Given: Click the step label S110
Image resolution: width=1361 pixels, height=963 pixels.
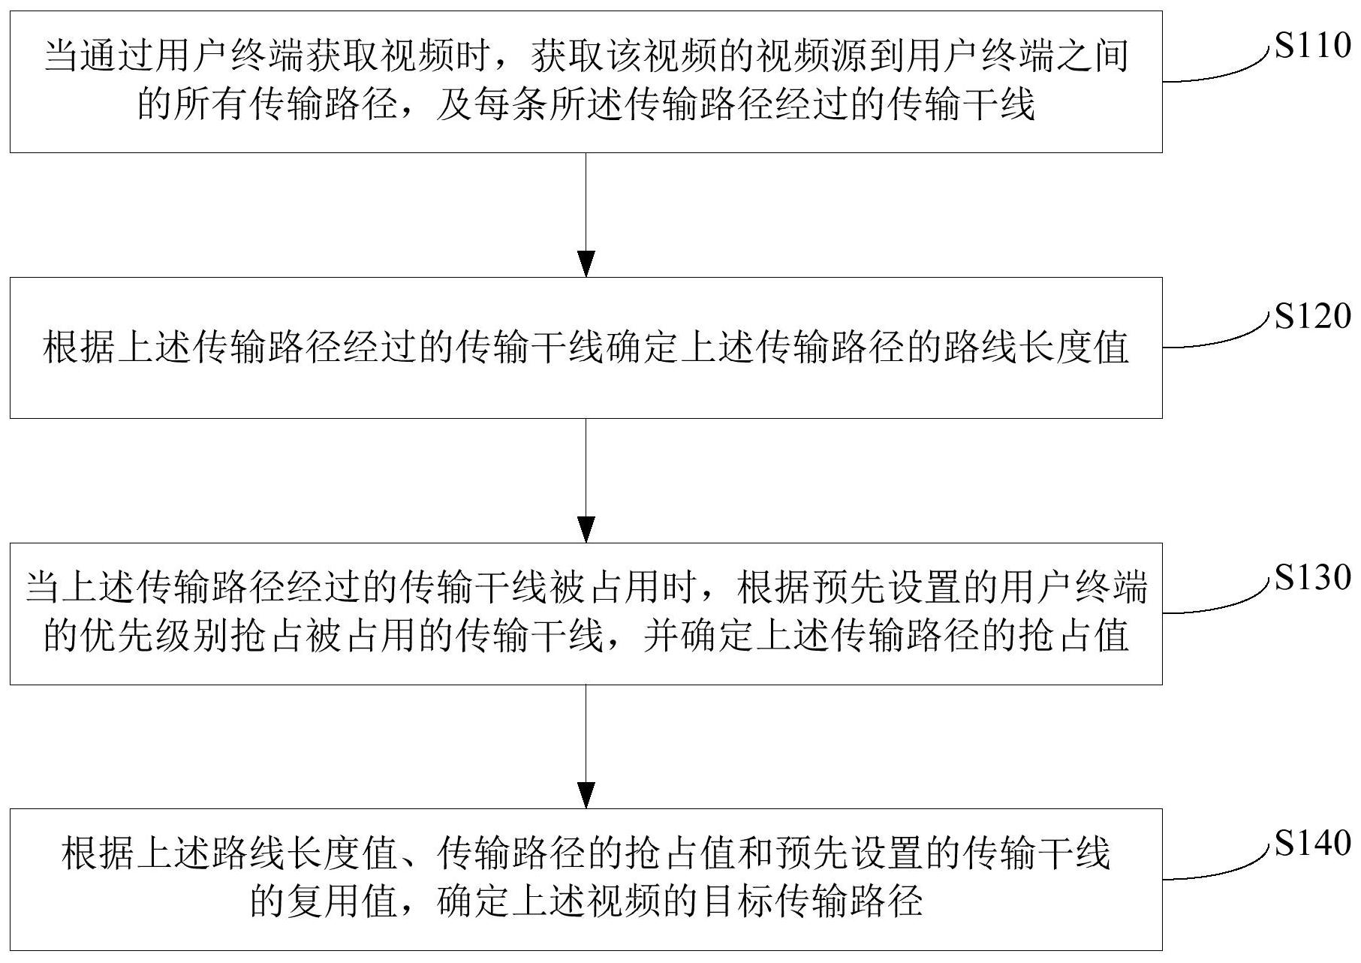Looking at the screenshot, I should tap(1312, 47).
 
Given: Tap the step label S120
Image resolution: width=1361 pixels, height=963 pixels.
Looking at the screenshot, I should tap(1312, 316).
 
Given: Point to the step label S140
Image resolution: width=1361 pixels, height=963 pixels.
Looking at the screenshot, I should tap(1312, 844).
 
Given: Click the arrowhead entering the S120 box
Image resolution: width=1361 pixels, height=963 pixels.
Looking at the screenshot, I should tap(586, 264).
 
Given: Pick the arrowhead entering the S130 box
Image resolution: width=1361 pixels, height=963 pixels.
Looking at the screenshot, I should tap(586, 529).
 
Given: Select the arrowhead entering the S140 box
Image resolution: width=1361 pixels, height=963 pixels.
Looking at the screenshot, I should tap(586, 795).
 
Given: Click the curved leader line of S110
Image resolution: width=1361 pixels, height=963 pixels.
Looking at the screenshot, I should tap(1224, 72).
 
